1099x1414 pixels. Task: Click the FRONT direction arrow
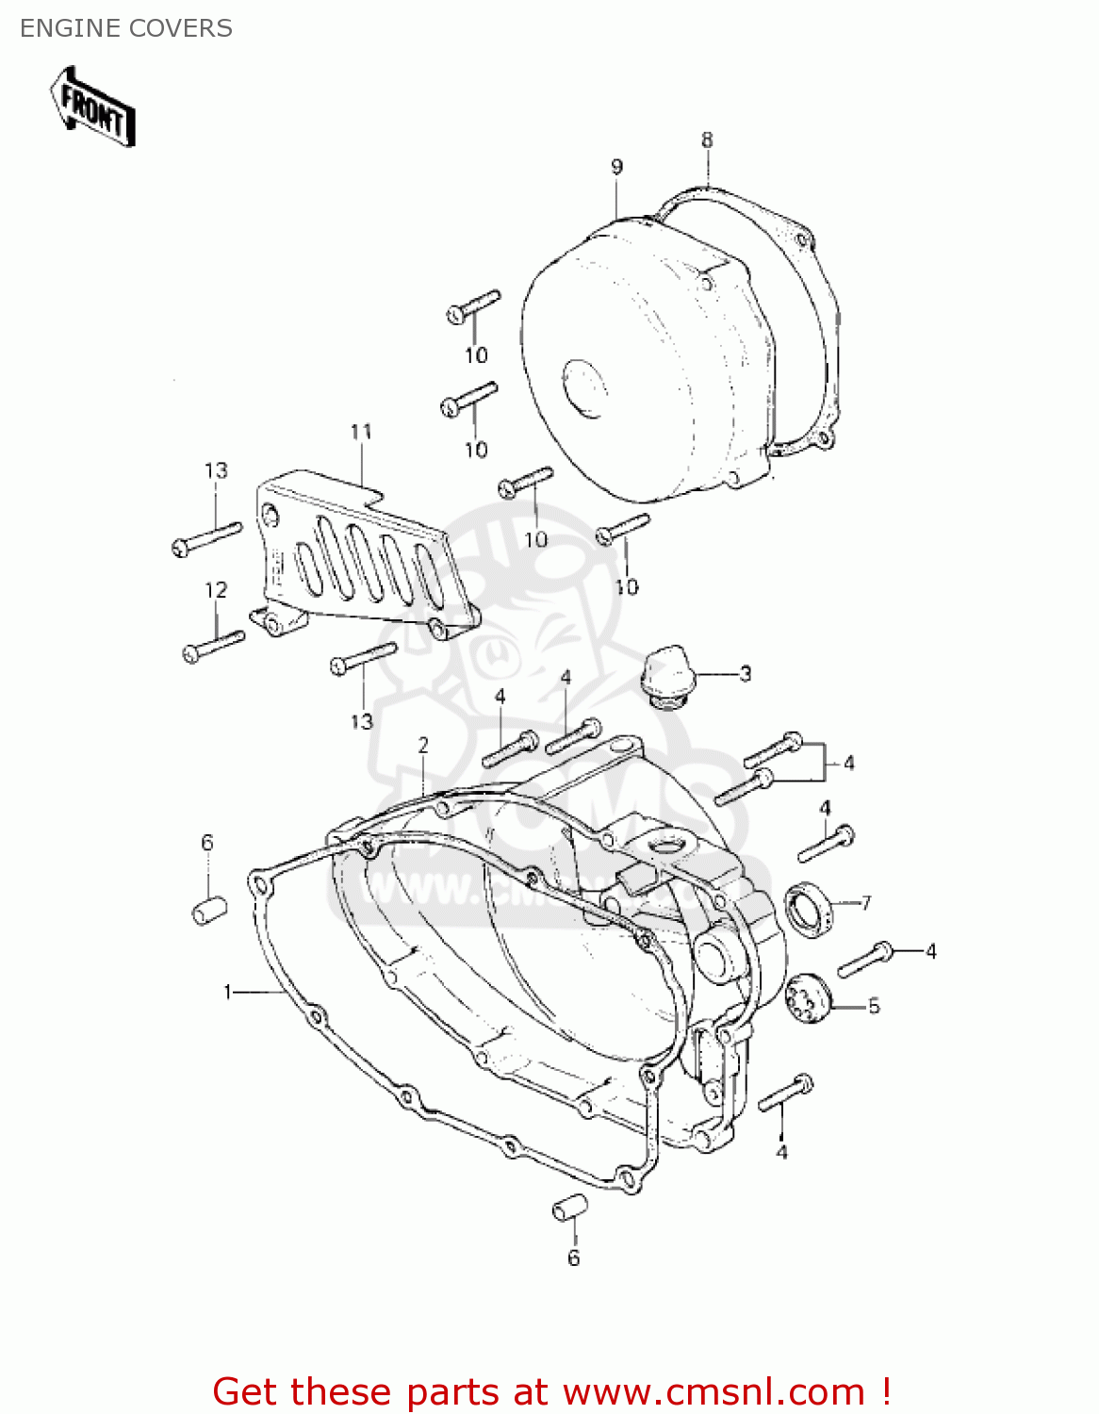(x=92, y=107)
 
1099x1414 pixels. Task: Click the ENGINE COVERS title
(x=126, y=28)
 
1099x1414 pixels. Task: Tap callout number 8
(x=707, y=140)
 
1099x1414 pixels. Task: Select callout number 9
(x=616, y=167)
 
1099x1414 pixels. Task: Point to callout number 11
(x=361, y=432)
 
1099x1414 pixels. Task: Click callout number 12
(x=216, y=589)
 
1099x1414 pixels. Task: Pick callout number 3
(x=746, y=673)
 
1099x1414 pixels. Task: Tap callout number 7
(x=865, y=902)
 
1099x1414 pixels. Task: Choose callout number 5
(x=874, y=1006)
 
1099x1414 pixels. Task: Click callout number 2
(x=423, y=745)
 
